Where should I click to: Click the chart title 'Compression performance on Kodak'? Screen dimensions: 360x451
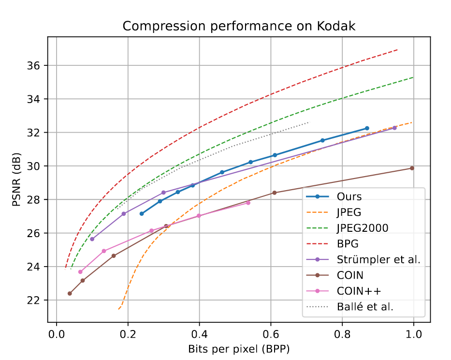pos(239,26)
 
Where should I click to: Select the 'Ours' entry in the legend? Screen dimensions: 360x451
pos(350,197)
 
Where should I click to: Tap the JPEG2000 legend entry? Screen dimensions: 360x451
pos(362,228)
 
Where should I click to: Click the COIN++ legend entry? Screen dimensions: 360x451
pos(355,290)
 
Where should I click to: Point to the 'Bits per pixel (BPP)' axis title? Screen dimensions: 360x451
pos(239,349)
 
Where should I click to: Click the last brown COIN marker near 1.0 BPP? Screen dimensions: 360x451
pos(412,168)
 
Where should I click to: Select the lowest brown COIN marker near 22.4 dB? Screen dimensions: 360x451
pos(70,293)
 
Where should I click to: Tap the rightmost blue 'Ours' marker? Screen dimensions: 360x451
pos(367,128)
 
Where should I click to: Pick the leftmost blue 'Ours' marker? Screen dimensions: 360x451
pos(142,213)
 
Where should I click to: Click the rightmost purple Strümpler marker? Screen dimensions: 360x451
pos(394,128)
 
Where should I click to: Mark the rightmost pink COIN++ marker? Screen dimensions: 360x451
pos(248,203)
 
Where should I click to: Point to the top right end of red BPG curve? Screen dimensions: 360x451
pos(397,50)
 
